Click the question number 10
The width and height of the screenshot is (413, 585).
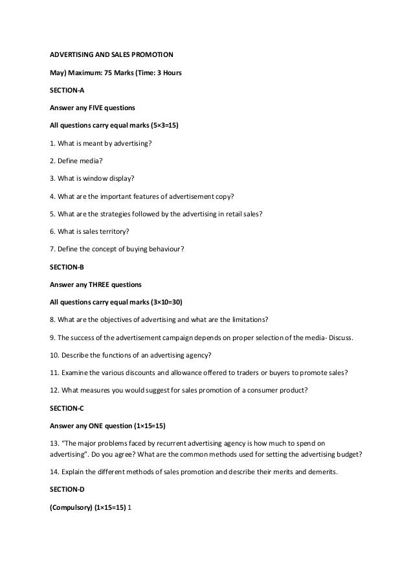pyautogui.click(x=54, y=355)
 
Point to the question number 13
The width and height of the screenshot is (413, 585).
pyautogui.click(x=54, y=444)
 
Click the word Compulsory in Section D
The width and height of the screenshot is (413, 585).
pyautogui.click(x=73, y=508)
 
